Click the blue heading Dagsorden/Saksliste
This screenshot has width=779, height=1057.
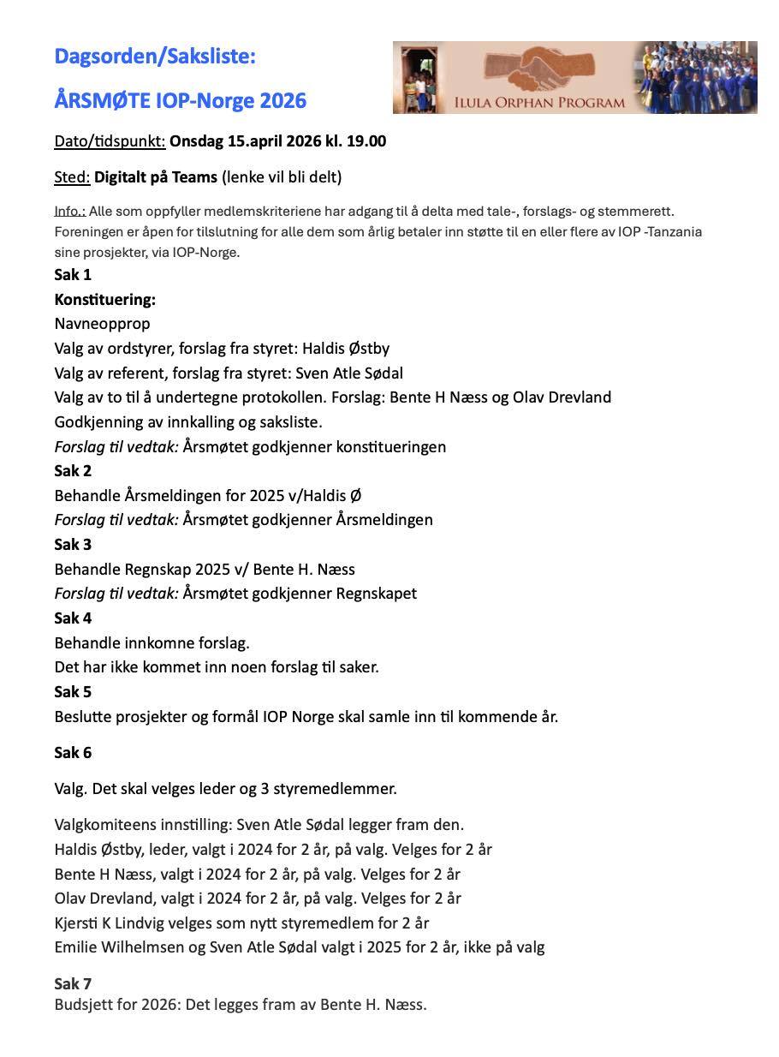tap(155, 57)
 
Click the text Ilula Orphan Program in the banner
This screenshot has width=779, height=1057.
tap(553, 103)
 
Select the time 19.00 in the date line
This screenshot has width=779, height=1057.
tap(366, 141)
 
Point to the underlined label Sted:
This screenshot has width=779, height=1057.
tap(72, 177)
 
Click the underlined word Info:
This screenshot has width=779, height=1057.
tap(69, 211)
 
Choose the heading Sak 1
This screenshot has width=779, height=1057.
tap(73, 275)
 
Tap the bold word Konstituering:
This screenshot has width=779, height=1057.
tap(104, 300)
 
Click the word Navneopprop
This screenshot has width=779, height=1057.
tap(102, 324)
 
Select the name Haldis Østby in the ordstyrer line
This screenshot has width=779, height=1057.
tap(346, 349)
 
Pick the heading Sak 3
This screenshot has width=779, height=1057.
tap(73, 545)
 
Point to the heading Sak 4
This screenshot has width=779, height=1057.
tap(73, 618)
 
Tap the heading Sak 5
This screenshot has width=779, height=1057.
tap(73, 692)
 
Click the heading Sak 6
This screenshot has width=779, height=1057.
tap(73, 753)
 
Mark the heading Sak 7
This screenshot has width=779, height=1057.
tap(73, 983)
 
